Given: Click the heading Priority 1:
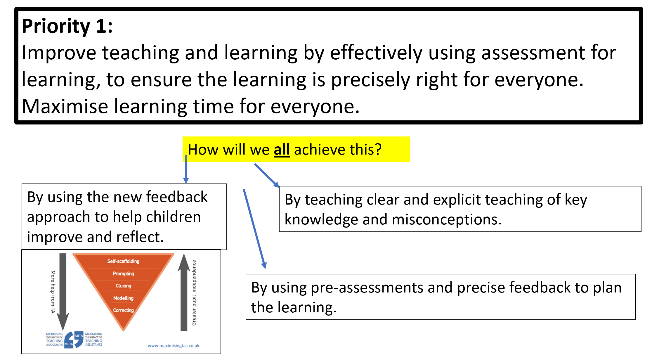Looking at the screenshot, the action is pyautogui.click(x=67, y=26).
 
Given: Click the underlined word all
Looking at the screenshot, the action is pyautogui.click(x=282, y=150).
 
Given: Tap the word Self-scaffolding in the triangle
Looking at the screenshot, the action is pyautogui.click(x=123, y=261).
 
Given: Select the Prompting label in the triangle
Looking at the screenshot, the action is pyautogui.click(x=123, y=274).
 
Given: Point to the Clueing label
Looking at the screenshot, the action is pyautogui.click(x=123, y=286).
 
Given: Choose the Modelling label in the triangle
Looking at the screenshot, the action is pyautogui.click(x=123, y=298).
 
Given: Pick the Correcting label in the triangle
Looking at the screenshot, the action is pyautogui.click(x=123, y=310).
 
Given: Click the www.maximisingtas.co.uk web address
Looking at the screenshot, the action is pyautogui.click(x=174, y=346).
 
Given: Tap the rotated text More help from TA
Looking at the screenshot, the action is pyautogui.click(x=53, y=292).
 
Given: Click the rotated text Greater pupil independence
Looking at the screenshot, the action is pyautogui.click(x=194, y=293).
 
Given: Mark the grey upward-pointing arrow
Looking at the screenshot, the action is pyautogui.click(x=184, y=292).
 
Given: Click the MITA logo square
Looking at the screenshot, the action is pyautogui.click(x=79, y=336).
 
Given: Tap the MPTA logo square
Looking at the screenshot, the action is pyautogui.click(x=69, y=344).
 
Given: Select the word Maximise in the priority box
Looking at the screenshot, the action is pyautogui.click(x=65, y=106).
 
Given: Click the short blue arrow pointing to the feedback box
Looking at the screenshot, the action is pyautogui.click(x=186, y=169).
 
